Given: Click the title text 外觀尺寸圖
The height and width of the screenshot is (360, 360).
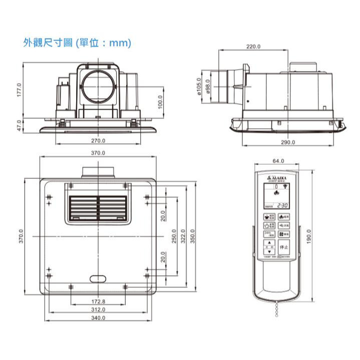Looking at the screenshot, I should (x=45, y=44).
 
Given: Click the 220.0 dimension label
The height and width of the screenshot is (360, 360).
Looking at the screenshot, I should (x=253, y=47).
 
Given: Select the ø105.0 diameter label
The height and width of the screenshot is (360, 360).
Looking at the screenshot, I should (x=199, y=87).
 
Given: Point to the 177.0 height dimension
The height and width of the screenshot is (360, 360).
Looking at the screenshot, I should (x=20, y=91).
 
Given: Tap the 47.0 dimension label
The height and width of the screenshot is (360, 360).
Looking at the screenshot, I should (x=20, y=124).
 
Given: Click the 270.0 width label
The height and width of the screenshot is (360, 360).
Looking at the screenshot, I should (x=98, y=141).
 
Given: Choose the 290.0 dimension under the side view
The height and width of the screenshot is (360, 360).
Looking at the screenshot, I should (x=288, y=142).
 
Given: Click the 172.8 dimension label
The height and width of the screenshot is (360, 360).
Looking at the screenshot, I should (x=99, y=301).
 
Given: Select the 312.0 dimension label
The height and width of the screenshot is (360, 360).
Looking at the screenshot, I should (x=98, y=309).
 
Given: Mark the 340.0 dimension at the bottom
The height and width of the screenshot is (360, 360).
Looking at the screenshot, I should (x=98, y=318).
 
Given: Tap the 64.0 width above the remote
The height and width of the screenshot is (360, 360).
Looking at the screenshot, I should (x=278, y=161).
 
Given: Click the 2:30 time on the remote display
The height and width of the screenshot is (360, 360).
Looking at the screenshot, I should (x=283, y=205).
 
